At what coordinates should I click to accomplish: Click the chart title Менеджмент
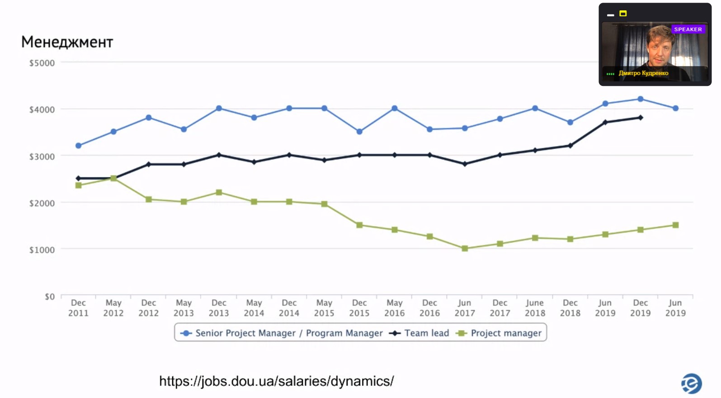[x=67, y=42]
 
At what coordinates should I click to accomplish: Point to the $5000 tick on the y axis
[x=42, y=63]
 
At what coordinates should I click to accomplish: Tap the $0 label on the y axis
[x=49, y=297]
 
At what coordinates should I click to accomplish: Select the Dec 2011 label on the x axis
[x=78, y=308]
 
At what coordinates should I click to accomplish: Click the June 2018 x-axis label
[x=535, y=308]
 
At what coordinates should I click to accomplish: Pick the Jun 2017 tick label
[x=465, y=308]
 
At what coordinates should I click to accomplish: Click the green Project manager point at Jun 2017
[x=465, y=248]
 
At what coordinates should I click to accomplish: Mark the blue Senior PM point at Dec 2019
[x=641, y=99]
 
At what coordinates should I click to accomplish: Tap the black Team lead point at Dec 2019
[x=641, y=118]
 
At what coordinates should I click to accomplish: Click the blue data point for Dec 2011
[x=78, y=146]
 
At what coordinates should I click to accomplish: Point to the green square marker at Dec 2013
[x=219, y=192]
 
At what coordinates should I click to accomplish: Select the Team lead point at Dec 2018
[x=570, y=146]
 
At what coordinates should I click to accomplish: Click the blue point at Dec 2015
[x=359, y=132]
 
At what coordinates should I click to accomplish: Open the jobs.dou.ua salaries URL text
[x=276, y=381]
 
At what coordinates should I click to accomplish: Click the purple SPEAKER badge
[x=688, y=29]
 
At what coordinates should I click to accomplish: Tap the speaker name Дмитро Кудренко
[x=643, y=73]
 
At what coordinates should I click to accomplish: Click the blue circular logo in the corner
[x=691, y=384]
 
